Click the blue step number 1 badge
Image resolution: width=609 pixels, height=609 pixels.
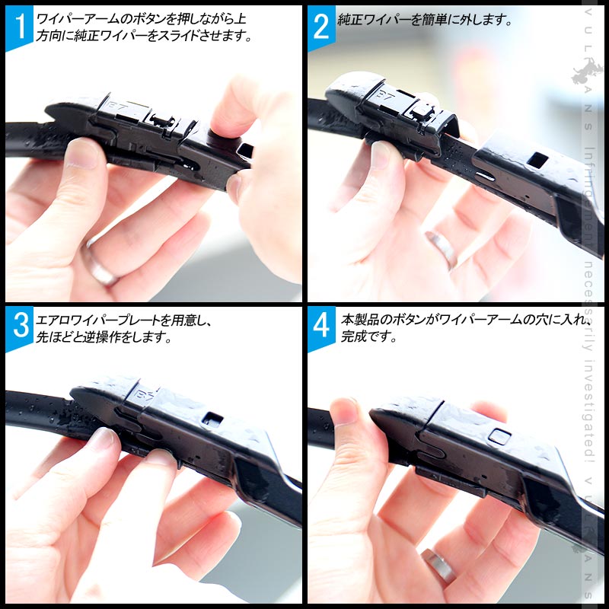19,27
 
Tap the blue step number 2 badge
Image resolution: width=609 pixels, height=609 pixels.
320,27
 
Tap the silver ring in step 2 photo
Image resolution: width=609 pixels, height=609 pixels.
441,248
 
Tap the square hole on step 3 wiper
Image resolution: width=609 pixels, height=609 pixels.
215,418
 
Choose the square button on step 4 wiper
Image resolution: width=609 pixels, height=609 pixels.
499,435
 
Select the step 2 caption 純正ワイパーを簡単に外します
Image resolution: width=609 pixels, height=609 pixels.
425,21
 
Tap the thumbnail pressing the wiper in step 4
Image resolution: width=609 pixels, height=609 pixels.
346,411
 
